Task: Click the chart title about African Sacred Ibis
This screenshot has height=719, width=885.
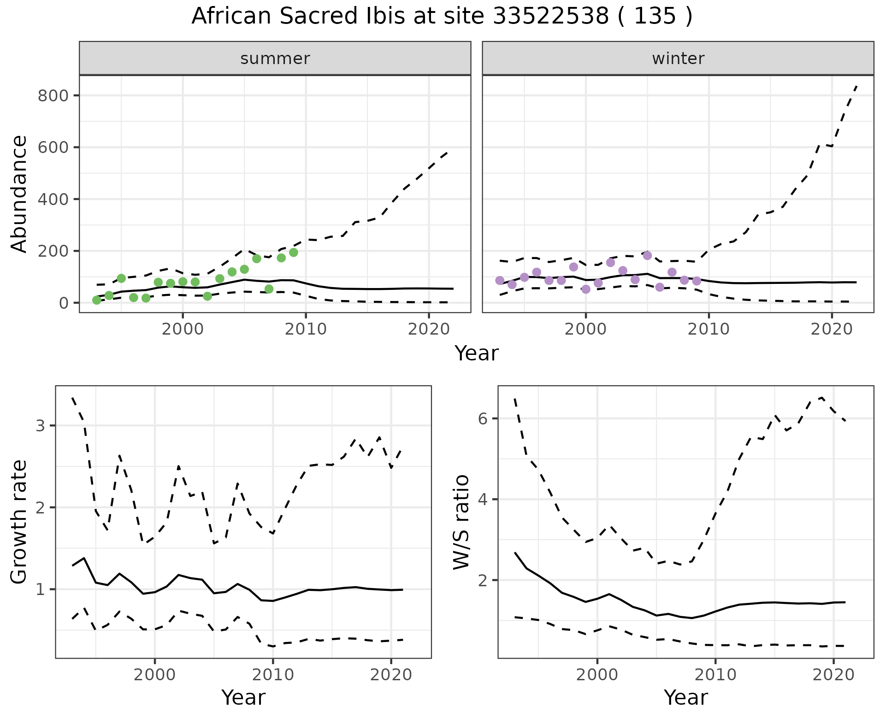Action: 442,17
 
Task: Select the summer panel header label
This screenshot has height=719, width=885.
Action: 275,59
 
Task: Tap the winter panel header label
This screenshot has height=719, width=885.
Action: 678,59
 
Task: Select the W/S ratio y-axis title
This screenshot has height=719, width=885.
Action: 461,522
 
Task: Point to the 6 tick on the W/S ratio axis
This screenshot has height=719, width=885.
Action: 483,418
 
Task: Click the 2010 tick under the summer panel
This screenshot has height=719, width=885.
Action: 306,329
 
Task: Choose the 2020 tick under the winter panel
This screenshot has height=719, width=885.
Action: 832,329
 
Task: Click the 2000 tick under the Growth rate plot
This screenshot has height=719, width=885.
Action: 154,675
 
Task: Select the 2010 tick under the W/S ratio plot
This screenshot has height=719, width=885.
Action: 715,675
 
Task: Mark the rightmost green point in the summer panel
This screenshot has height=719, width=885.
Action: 294,253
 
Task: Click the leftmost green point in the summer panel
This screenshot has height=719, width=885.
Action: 97,301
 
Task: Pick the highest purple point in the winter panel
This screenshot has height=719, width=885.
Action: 648,255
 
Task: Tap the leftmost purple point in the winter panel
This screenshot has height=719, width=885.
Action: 500,280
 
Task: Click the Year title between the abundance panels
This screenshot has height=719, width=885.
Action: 477,354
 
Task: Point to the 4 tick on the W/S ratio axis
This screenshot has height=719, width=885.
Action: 483,499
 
